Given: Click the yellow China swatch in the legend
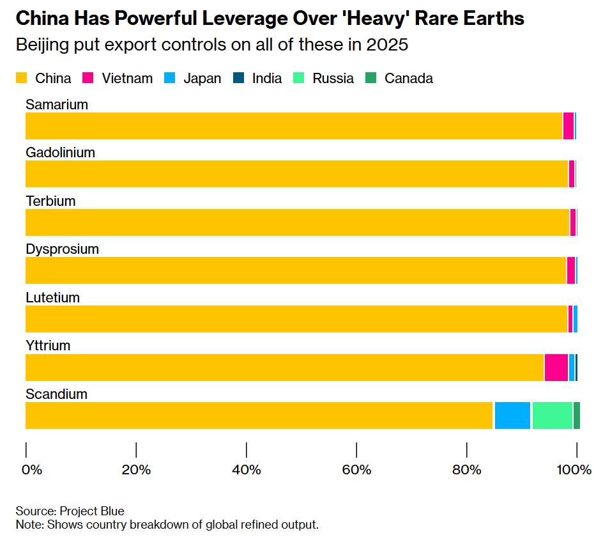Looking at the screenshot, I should click(x=21, y=79).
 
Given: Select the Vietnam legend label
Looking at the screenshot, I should click(x=126, y=79).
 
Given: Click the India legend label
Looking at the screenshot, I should click(x=266, y=79).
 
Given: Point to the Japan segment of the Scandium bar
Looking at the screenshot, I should click(x=512, y=416).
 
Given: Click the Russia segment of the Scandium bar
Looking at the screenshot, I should click(x=552, y=416).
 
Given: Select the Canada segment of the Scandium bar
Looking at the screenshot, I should click(x=576, y=416).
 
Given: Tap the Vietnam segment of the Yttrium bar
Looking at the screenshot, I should click(x=556, y=368).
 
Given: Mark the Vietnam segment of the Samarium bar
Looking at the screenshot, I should click(x=568, y=126).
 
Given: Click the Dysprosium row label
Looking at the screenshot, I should click(x=62, y=249).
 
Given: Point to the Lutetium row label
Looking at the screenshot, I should click(x=52, y=297).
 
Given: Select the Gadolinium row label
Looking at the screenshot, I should click(x=60, y=152).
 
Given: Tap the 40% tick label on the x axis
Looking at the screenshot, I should click(x=246, y=470).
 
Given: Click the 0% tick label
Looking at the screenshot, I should click(x=31, y=470).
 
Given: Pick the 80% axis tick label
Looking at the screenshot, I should click(x=466, y=470).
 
